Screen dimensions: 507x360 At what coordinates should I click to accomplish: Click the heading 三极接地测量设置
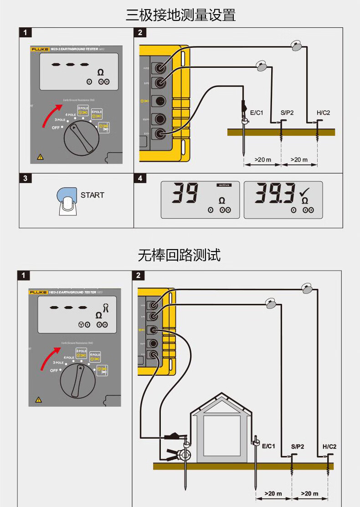[180, 15]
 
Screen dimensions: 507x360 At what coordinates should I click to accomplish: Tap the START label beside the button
[93, 195]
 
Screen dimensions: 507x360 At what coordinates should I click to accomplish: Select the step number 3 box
[25, 178]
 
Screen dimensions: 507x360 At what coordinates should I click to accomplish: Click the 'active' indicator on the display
[224, 185]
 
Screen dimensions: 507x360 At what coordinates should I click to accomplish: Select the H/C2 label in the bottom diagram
[329, 446]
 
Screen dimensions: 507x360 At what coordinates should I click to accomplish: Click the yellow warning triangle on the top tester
[40, 157]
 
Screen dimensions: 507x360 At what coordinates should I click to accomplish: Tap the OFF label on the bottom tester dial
[55, 370]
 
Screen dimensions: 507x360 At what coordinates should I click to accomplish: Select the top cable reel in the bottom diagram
[307, 288]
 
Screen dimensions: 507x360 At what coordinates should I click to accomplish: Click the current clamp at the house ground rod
[185, 454]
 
